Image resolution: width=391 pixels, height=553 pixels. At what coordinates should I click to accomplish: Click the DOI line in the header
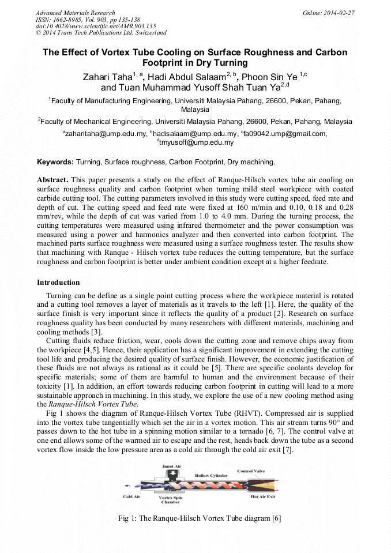[x=96, y=26]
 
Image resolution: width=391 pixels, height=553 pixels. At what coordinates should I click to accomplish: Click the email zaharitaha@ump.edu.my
[x=104, y=134]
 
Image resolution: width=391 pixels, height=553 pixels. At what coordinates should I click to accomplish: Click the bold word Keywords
[x=55, y=162]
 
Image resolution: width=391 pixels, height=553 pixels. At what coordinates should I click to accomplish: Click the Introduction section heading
[x=58, y=283]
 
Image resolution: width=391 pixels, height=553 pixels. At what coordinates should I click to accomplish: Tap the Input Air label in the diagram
[x=171, y=467]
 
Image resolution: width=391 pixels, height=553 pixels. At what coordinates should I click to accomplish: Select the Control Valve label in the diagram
[x=251, y=471]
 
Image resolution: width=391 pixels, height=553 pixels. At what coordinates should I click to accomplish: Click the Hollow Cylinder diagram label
[x=211, y=476]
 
